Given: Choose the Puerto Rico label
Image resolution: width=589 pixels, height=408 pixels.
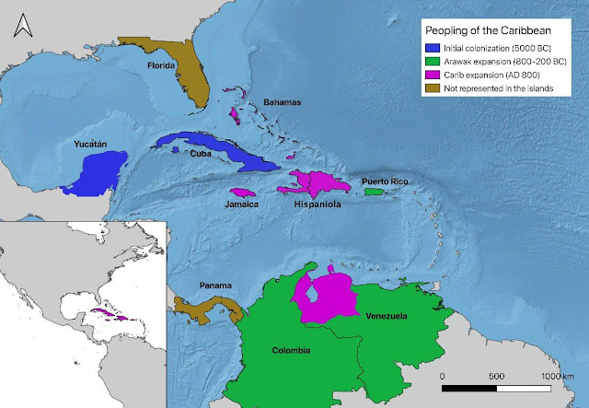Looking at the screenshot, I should point(384,181).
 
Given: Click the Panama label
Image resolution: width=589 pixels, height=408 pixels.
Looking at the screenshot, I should point(211,286).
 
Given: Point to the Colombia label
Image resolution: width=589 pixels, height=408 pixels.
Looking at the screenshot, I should point(291,350).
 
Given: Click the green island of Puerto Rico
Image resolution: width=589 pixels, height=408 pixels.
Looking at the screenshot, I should point(373,192).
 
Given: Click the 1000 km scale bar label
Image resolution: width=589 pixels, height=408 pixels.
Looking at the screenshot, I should point(556,377).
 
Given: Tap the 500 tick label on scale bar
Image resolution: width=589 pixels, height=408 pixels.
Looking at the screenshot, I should point(496,377).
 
